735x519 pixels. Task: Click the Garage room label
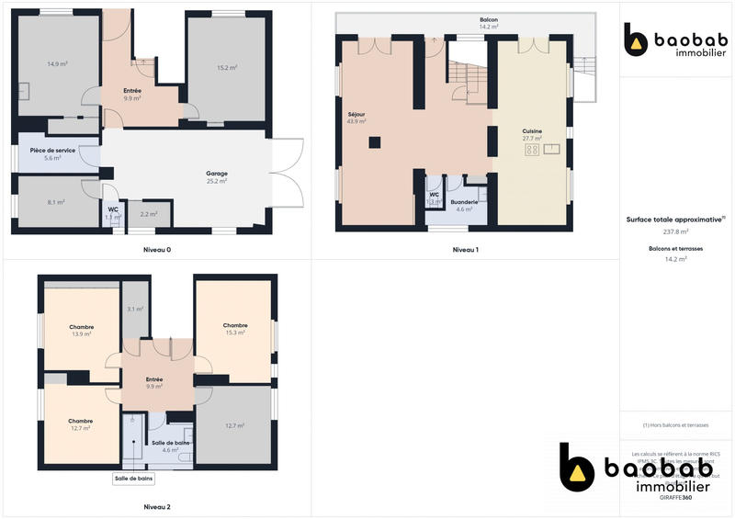[217, 173]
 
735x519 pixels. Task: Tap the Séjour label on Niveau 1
[356, 114]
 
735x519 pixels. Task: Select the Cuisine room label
[532, 131]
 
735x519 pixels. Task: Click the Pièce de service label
[52, 150]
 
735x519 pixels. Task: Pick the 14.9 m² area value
[58, 64]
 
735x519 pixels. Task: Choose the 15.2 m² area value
[228, 68]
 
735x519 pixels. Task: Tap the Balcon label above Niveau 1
[489, 19]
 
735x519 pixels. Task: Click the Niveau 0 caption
[157, 250]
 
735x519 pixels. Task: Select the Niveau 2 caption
[157, 506]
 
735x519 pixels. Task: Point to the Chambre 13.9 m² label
[82, 327]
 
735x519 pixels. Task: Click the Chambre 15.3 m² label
[235, 325]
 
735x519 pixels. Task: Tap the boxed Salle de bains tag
[134, 479]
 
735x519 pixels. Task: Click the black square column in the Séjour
[374, 141]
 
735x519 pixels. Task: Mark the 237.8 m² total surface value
[676, 231]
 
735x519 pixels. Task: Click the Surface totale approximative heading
[675, 220]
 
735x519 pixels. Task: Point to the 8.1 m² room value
[55, 202]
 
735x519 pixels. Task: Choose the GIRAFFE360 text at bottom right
[675, 497]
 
